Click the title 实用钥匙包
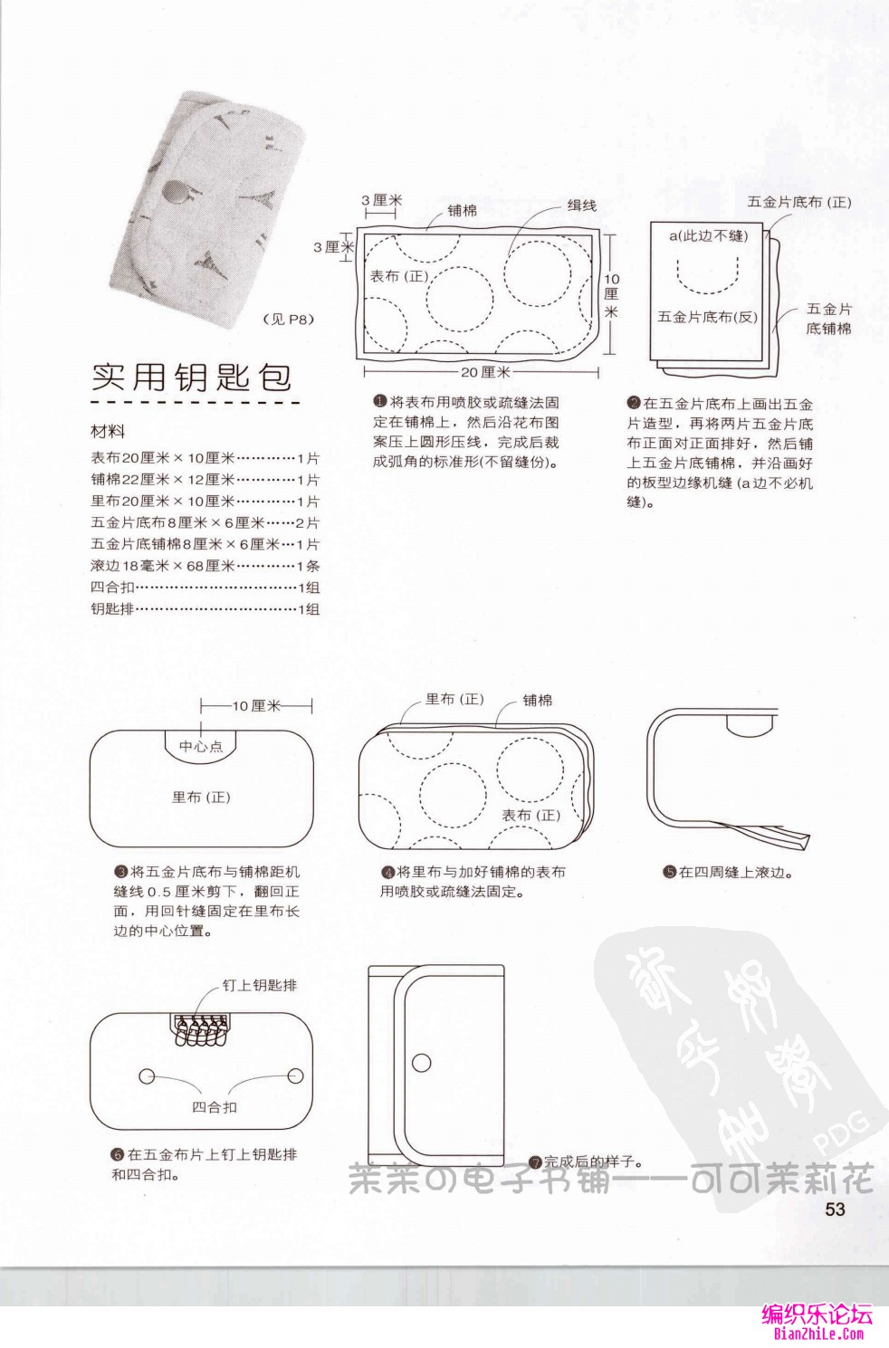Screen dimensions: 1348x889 [x=191, y=377]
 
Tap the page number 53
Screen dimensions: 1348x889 [x=834, y=1209]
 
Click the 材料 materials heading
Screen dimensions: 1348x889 [x=108, y=432]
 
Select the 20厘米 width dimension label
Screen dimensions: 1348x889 [x=485, y=372]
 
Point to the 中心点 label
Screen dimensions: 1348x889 [x=200, y=746]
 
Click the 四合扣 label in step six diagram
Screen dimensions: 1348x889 [x=215, y=1106]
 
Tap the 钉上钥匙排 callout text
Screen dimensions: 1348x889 [x=259, y=985]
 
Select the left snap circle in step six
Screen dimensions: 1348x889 [x=147, y=1076]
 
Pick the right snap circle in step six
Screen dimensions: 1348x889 [x=295, y=1076]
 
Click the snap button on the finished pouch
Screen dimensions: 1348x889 [x=422, y=1062]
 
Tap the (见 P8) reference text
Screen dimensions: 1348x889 [x=288, y=319]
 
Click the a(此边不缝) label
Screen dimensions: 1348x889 [x=708, y=235]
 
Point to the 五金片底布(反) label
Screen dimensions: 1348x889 [x=707, y=317]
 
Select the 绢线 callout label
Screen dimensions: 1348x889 [x=581, y=206]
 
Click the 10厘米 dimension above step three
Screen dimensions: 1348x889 [x=256, y=705]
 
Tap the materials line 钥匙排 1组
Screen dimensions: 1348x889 [x=205, y=609]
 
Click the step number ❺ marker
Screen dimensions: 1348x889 [x=669, y=873]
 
